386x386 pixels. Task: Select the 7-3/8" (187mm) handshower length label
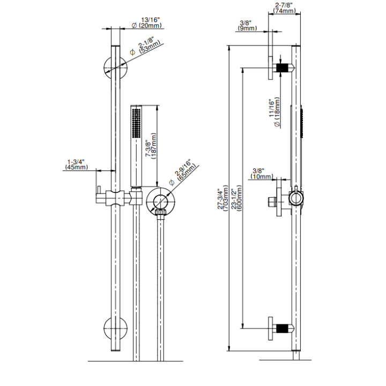pyautogui.click(x=151, y=146)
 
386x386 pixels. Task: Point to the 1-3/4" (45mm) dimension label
pyautogui.click(x=76, y=165)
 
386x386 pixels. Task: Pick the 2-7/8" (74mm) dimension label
pyautogui.click(x=284, y=8)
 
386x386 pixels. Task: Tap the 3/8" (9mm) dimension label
pyautogui.click(x=247, y=26)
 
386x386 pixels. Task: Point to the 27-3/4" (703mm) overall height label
pyautogui.click(x=223, y=199)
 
